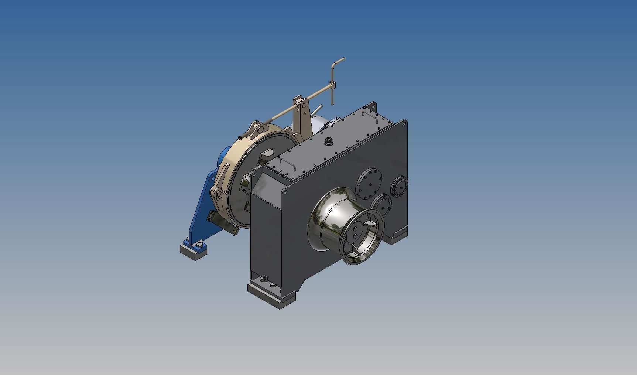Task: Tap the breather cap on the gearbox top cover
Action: [x=328, y=141]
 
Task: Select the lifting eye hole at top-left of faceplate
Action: [x=285, y=192]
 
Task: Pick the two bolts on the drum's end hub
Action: [x=355, y=233]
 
